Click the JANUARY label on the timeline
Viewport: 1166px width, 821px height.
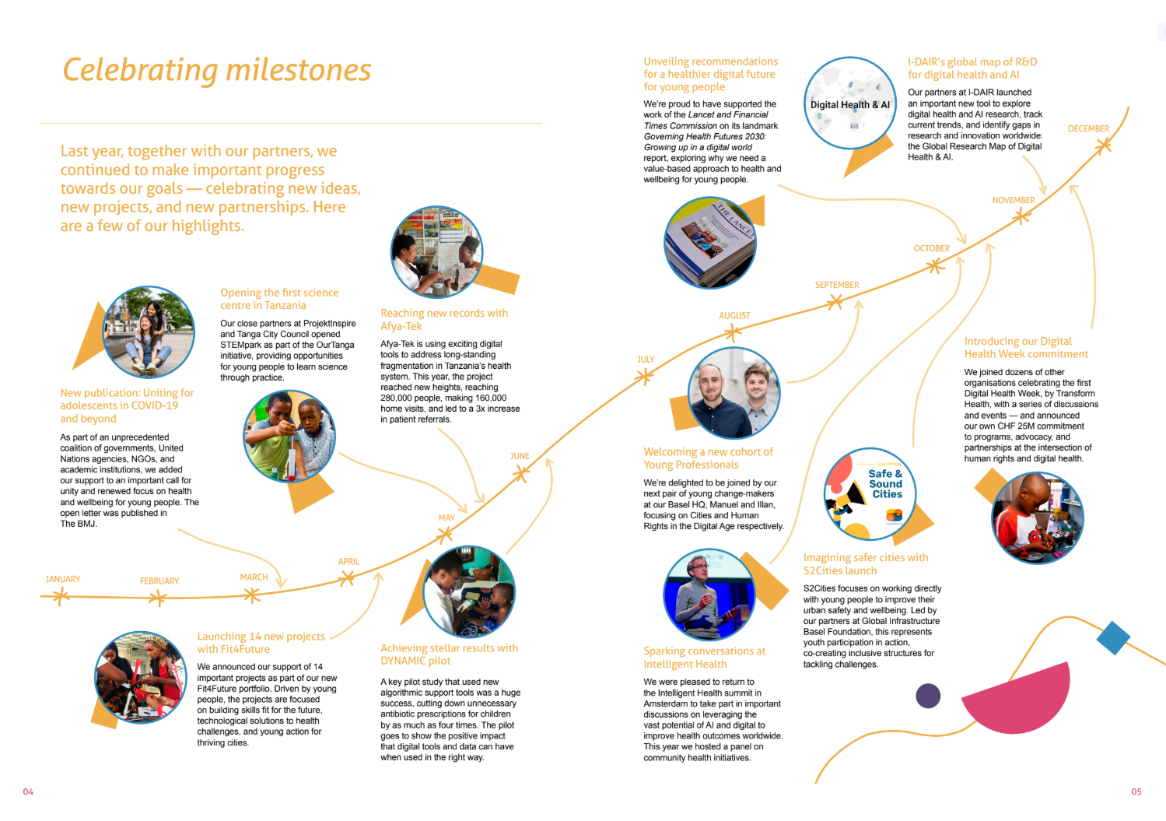tap(63, 579)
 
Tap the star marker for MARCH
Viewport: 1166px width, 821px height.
tap(251, 595)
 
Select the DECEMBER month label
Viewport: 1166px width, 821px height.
tap(1088, 128)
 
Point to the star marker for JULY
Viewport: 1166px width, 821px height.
tap(644, 377)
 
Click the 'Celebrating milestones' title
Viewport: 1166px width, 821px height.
tap(217, 70)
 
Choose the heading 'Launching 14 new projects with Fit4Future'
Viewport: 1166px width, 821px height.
tap(261, 642)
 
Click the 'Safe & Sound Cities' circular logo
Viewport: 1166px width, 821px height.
tap(870, 493)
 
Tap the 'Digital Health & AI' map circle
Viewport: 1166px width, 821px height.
tap(849, 103)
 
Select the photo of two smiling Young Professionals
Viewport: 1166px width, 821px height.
tap(734, 392)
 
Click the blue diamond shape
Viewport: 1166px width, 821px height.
tap(1113, 637)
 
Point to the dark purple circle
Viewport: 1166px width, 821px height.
tap(928, 695)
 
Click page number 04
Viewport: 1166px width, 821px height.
tap(28, 791)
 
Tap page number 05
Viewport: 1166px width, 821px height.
tap(1136, 791)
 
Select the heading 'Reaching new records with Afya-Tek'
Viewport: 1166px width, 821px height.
tap(443, 319)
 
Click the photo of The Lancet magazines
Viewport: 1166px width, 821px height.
tap(709, 242)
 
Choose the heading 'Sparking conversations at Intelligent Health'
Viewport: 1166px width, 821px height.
tap(704, 658)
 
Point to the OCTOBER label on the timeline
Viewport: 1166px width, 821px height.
tap(931, 248)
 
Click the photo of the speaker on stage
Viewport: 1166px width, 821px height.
tap(709, 595)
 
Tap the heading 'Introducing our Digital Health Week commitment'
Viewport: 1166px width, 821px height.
tap(1025, 347)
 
